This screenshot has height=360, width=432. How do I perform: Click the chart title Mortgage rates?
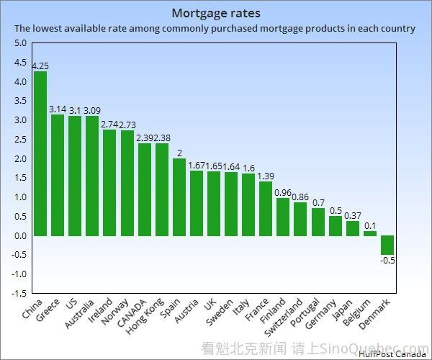[216, 13]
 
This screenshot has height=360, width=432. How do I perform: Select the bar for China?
[40, 153]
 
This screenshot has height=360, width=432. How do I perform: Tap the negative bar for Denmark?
[387, 245]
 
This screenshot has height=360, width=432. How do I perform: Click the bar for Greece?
[58, 175]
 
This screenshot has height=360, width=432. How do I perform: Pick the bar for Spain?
[179, 197]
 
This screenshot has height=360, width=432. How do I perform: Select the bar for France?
[266, 209]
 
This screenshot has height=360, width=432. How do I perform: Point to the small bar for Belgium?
[370, 233]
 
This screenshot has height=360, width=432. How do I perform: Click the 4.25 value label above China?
[40, 66]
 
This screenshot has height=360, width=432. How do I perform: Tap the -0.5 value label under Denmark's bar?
[388, 260]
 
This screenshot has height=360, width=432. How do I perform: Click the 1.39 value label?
[266, 176]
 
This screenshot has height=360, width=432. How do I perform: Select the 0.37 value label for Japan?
[353, 215]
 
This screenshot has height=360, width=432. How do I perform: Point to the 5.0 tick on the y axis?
[19, 43]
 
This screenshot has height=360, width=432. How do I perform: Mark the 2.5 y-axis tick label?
[19, 139]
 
